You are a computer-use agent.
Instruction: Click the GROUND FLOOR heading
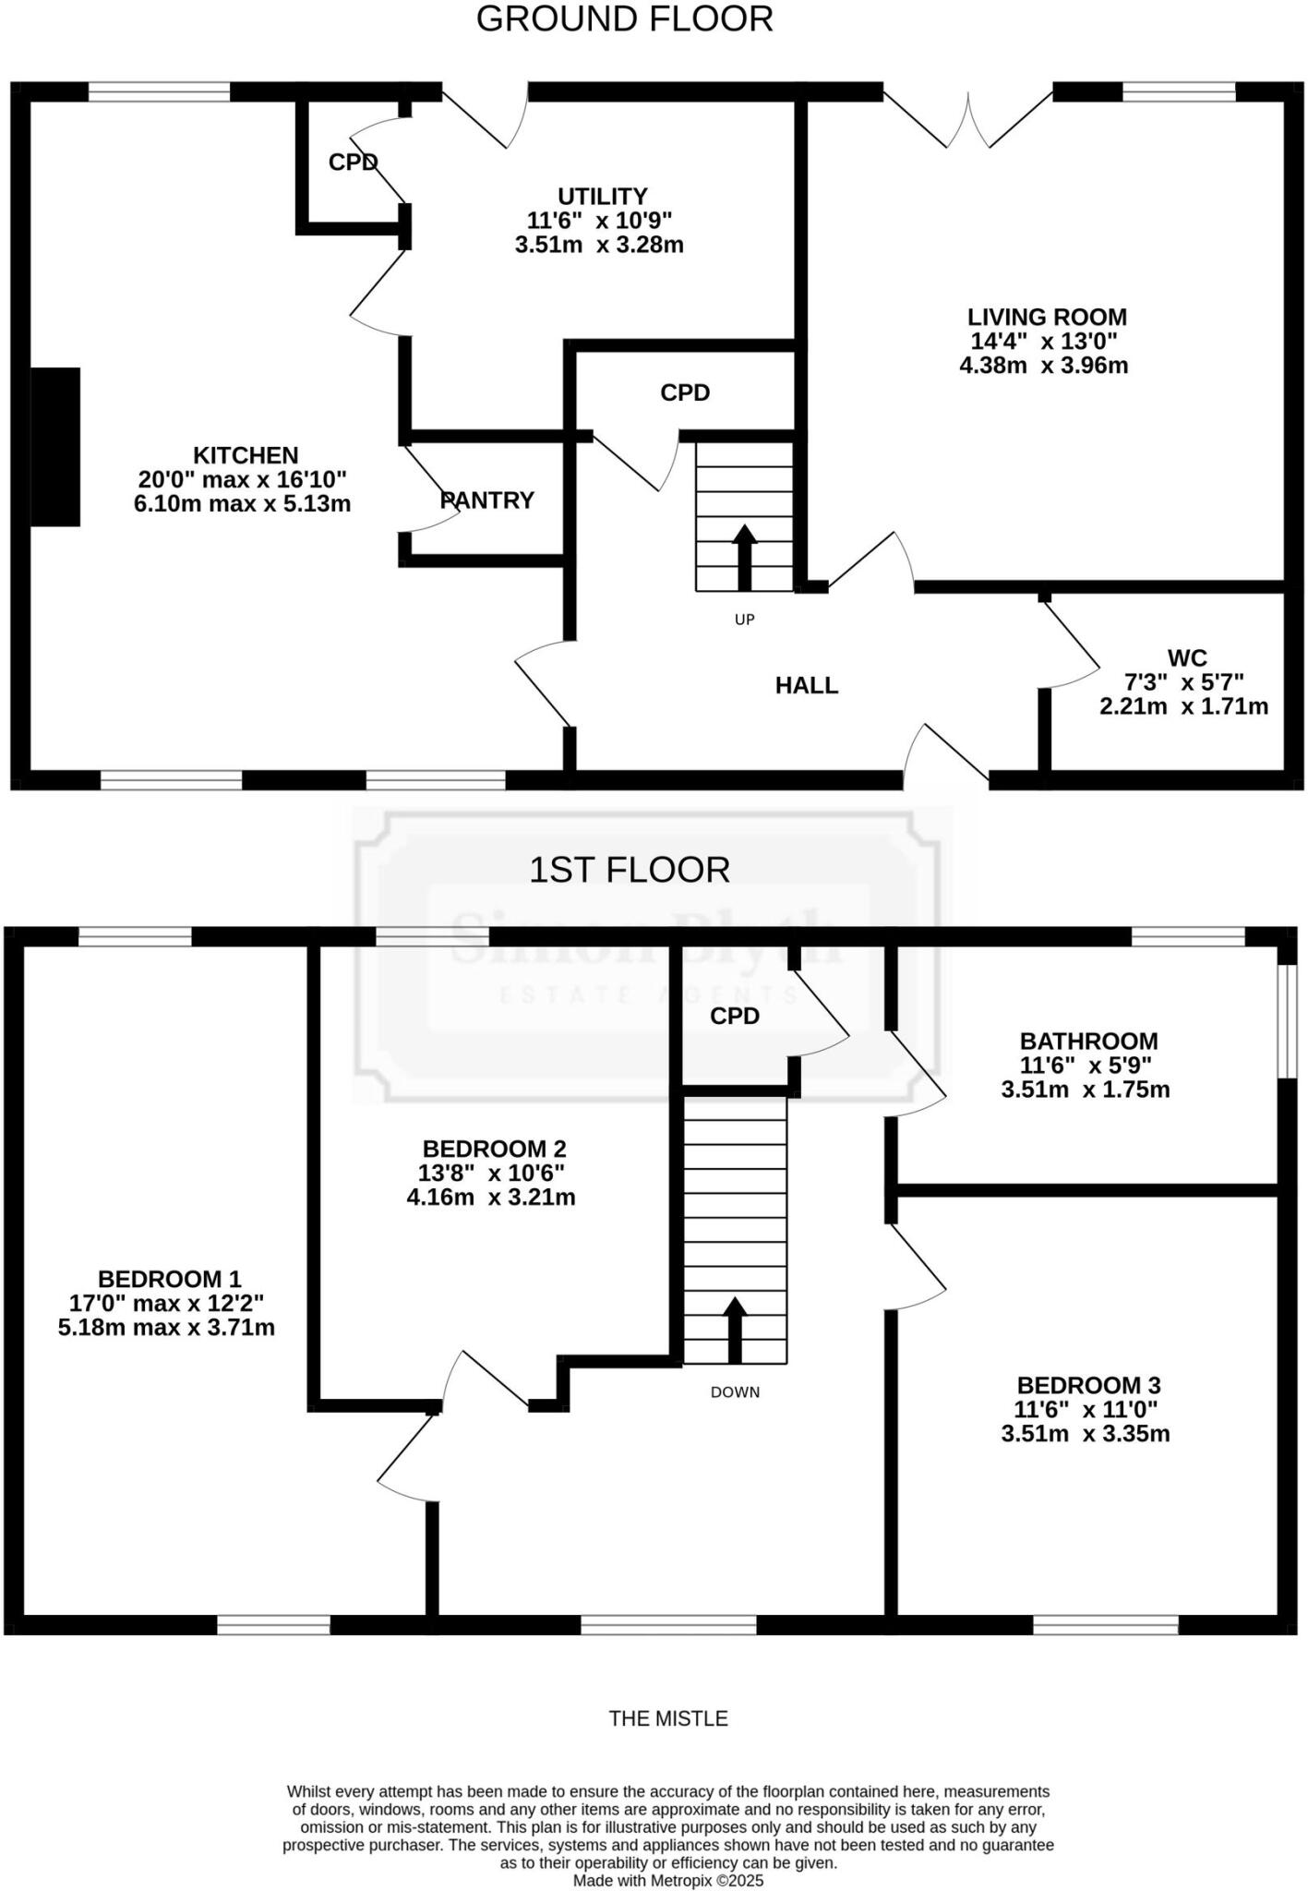tap(624, 19)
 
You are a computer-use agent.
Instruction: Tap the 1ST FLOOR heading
tap(629, 870)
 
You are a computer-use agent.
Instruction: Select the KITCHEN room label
tap(246, 455)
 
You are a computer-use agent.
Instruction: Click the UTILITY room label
tap(602, 197)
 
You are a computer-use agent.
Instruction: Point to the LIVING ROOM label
tap(1047, 318)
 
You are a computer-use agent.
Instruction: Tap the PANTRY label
tap(487, 500)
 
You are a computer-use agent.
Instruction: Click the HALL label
tap(807, 685)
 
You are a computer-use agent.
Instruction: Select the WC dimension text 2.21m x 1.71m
tap(1183, 707)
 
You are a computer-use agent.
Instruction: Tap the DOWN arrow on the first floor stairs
tap(735, 1331)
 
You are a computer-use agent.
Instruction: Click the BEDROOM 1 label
tap(169, 1280)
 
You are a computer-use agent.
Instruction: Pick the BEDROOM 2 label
tap(494, 1150)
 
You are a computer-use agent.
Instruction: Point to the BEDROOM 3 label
tap(1088, 1386)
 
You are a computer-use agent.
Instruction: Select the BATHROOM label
tap(1088, 1042)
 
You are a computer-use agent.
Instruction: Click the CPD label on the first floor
tap(735, 1017)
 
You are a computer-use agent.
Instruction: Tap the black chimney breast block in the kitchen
tap(55, 447)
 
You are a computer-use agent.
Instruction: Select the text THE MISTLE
tap(668, 1719)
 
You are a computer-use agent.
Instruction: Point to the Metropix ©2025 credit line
tap(668, 1881)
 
